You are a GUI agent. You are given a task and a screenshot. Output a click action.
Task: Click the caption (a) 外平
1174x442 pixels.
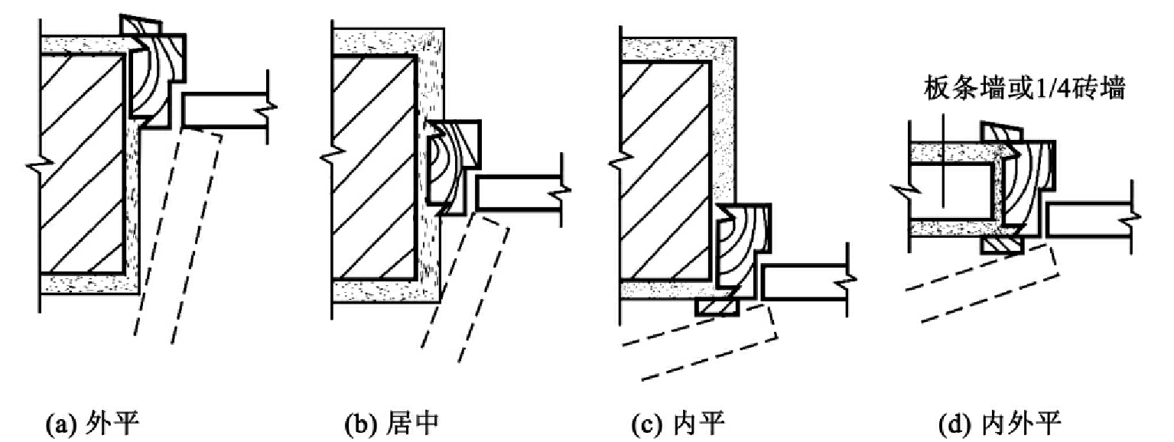(x=93, y=424)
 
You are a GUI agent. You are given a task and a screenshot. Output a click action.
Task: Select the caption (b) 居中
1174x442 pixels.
(x=392, y=424)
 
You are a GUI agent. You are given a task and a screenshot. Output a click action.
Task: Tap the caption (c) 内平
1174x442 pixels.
(x=678, y=424)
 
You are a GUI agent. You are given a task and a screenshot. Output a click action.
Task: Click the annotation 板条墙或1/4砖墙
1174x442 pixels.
(x=1024, y=88)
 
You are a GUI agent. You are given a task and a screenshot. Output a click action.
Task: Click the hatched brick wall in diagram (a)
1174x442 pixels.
(x=83, y=164)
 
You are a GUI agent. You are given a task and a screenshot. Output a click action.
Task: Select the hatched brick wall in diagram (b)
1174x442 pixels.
(x=374, y=166)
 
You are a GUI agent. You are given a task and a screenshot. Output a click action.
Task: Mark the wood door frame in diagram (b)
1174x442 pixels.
(x=453, y=167)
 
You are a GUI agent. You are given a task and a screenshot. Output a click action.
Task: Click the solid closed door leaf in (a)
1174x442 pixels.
(x=226, y=110)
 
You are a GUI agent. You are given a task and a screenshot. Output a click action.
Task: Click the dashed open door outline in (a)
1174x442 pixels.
(x=177, y=236)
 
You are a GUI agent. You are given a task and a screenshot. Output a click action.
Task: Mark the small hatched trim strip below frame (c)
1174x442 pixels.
(x=717, y=307)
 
